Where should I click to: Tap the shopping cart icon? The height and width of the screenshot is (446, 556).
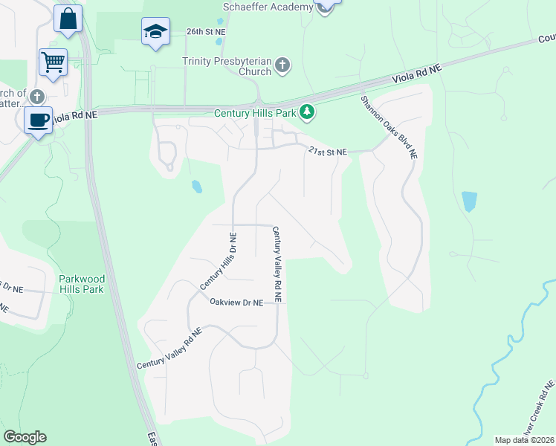54,62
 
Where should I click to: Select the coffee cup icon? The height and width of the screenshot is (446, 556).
38,120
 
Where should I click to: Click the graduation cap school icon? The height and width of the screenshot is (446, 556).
155,31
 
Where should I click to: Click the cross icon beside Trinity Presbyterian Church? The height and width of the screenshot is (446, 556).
282,66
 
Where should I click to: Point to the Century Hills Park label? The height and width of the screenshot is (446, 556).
256,114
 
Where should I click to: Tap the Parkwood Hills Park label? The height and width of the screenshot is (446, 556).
81,284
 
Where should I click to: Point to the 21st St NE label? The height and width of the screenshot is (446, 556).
328,152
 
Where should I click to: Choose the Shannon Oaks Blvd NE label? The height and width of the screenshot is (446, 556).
390,128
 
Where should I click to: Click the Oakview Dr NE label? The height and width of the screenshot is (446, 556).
236,303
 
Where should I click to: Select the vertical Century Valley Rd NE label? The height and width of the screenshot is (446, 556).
277,264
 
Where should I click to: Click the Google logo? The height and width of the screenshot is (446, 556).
25,437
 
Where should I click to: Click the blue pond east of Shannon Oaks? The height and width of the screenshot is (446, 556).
469,201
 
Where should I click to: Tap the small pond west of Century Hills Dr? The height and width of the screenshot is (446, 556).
195,186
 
